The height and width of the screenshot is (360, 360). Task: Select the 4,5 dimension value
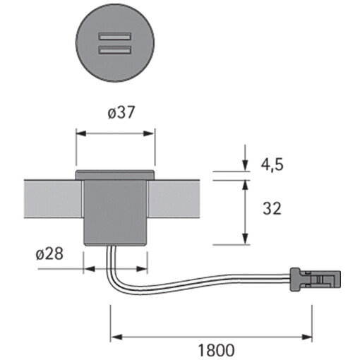[271, 164]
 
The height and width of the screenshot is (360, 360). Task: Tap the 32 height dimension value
[271, 209]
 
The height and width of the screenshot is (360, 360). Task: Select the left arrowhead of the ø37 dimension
[79, 132]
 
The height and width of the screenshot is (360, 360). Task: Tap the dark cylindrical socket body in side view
[115, 212]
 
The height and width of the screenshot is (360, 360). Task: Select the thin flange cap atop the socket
[115, 174]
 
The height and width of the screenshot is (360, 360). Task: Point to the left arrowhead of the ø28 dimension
[88, 269]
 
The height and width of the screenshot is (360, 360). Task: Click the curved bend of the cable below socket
[113, 275]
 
